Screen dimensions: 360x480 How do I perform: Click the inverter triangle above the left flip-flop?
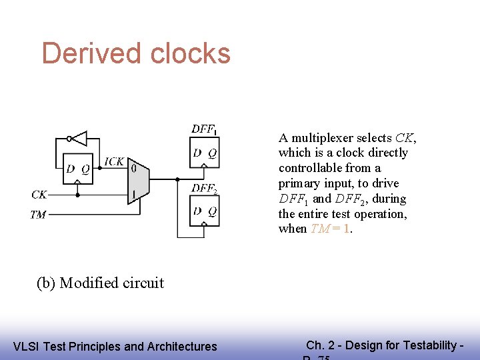click(x=79, y=139)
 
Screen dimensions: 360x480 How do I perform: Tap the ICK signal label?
click(x=114, y=161)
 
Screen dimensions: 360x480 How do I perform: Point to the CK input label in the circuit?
click(x=39, y=195)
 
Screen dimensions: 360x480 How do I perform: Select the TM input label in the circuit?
click(x=39, y=215)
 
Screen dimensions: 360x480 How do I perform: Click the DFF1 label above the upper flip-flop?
click(x=204, y=129)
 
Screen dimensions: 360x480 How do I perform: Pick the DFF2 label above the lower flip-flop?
click(x=204, y=189)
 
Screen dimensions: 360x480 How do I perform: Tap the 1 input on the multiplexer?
click(x=133, y=195)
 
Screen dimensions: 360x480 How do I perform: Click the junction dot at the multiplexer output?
click(x=177, y=179)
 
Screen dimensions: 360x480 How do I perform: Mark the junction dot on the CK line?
click(x=78, y=195)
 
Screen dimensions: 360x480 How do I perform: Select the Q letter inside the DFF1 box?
click(x=212, y=153)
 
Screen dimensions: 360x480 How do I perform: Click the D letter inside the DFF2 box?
click(x=197, y=212)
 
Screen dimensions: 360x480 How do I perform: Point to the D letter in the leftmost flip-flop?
click(x=71, y=169)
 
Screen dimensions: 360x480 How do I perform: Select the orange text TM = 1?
click(x=331, y=229)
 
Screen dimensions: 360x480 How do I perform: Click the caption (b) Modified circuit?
click(x=100, y=283)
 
